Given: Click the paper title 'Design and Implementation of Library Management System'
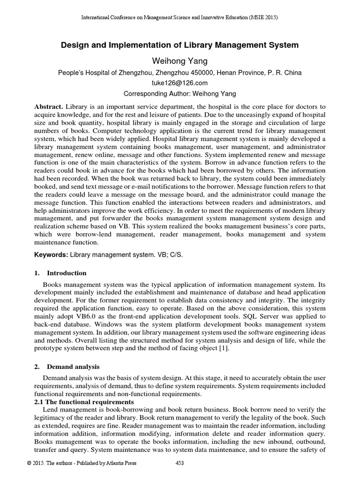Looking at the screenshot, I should (180, 45).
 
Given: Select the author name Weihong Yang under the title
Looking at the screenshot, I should (180, 60).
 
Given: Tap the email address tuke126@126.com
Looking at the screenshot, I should (180, 83).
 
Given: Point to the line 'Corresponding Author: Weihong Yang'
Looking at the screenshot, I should (180, 93).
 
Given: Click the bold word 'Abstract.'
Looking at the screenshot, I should (50, 106).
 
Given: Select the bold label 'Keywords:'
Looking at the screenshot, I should (51, 254).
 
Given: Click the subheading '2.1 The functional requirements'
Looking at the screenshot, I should (84, 402).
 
